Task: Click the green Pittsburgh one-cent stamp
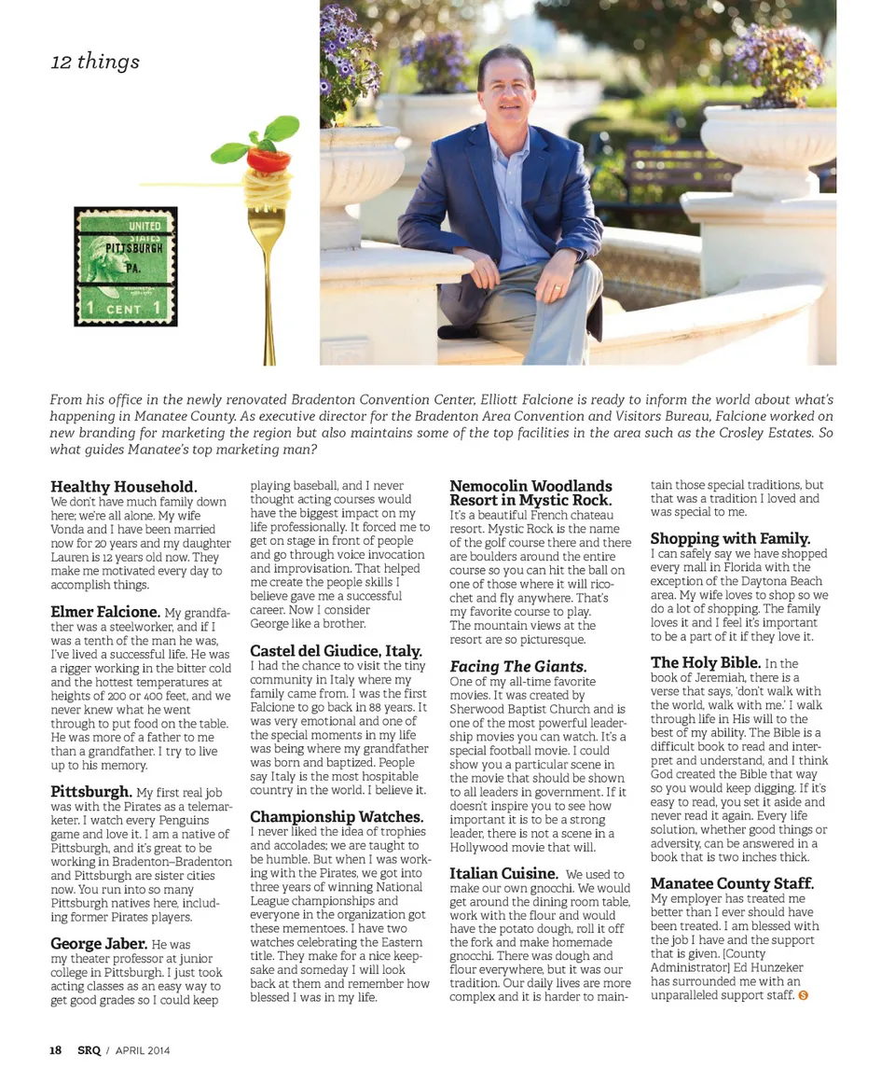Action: (126, 267)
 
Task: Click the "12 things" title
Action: (95, 62)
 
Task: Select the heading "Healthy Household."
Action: (124, 487)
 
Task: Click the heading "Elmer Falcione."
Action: (105, 612)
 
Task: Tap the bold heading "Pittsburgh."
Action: (90, 792)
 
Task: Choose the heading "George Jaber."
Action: (99, 944)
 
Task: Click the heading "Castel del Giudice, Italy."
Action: (336, 651)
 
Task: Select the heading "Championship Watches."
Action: (337, 817)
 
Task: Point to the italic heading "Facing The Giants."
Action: (518, 666)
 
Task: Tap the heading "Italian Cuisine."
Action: (503, 874)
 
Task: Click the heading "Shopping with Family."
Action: (730, 538)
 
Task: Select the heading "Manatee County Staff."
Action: (732, 883)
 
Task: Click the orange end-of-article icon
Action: (804, 996)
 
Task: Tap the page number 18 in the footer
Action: (56, 1050)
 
